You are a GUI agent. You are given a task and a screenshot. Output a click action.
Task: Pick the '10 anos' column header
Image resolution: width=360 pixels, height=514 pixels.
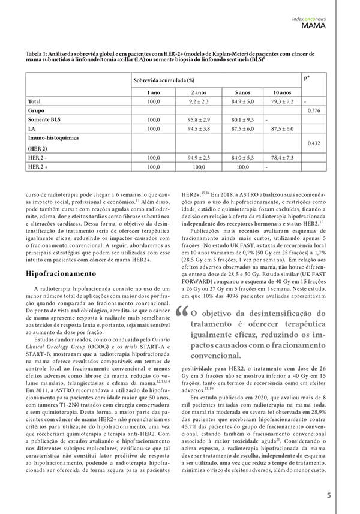(282, 92)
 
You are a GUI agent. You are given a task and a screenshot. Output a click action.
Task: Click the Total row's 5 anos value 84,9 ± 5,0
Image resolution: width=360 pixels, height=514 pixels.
(242, 101)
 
